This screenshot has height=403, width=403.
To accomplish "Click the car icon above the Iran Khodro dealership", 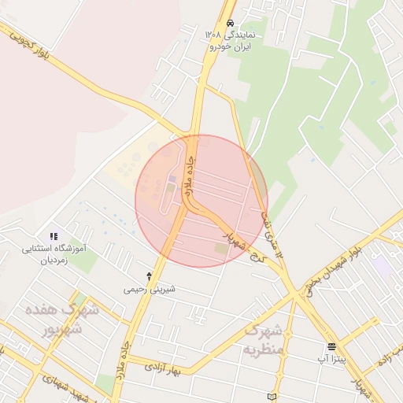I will (230, 23).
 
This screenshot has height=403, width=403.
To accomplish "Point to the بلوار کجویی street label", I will (26, 43).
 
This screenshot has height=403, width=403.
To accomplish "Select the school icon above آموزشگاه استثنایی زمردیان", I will (54, 235).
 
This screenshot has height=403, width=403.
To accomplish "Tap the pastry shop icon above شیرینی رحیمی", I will (150, 276).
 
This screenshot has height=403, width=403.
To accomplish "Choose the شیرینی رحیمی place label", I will (150, 289).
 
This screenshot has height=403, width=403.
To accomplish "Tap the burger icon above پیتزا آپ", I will (331, 346).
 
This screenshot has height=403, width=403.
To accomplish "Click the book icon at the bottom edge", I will (272, 397).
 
